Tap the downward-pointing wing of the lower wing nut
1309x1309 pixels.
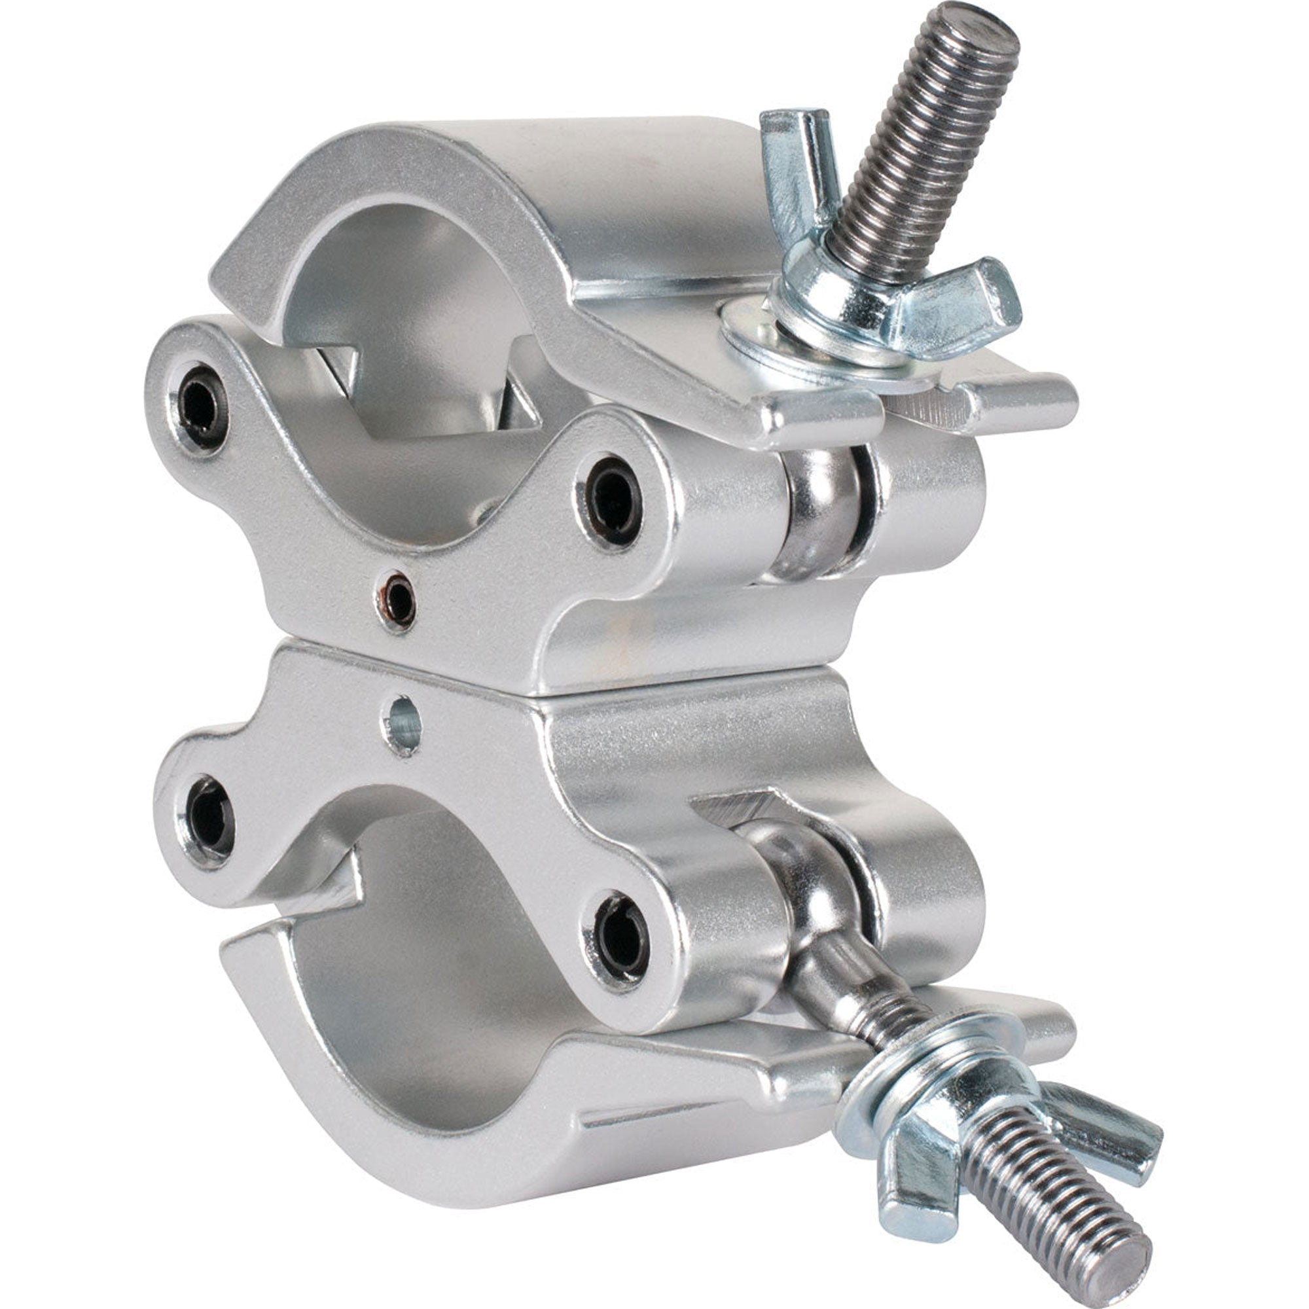click(908, 1179)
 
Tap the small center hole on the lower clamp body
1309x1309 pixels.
click(405, 726)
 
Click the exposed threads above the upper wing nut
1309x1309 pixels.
click(915, 156)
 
